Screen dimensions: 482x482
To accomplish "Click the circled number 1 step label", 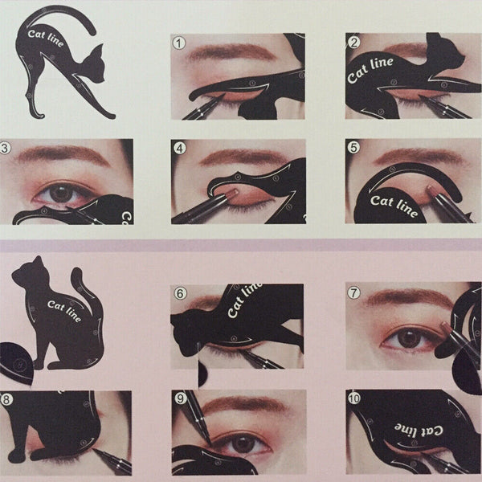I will tap(178, 41).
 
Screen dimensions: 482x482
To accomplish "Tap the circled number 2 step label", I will tap(353, 41).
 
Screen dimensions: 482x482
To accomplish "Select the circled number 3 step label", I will tap(6, 147).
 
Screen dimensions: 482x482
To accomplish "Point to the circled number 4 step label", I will tap(178, 147).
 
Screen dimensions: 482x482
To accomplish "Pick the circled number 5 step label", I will tap(353, 147).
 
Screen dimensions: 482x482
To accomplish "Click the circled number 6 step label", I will tap(178, 293).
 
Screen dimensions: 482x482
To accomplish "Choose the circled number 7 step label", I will tap(353, 293).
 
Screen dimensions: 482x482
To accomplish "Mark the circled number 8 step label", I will tap(6, 398).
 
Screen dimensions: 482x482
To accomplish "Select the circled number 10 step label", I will tap(355, 398).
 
